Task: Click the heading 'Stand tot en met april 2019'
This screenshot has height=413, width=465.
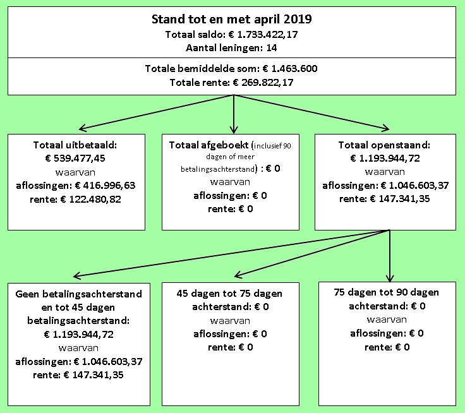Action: [232, 20]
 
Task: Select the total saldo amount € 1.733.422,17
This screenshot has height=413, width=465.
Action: [263, 35]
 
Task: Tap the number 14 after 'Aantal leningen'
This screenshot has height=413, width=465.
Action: [272, 48]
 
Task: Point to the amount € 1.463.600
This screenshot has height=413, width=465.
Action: [290, 69]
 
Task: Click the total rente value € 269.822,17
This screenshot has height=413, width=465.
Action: [263, 83]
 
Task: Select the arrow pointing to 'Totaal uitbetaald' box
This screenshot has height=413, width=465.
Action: [156, 112]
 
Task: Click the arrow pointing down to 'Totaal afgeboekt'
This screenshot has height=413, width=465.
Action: [234, 114]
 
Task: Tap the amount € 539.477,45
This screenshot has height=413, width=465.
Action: [75, 159]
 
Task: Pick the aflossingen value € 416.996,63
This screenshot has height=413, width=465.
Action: [106, 186]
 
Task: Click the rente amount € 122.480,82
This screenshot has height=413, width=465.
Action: [91, 199]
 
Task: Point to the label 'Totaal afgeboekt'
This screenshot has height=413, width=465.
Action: [208, 145]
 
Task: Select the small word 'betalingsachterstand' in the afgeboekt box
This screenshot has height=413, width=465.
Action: [218, 169]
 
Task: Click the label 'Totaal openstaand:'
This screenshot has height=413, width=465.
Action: [384, 145]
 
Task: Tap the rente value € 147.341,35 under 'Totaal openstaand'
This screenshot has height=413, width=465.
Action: [400, 199]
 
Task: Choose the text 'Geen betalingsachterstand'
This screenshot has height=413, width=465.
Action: [79, 294]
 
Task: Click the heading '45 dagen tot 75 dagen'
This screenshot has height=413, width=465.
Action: [229, 294]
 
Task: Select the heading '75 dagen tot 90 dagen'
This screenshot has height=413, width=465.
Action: [386, 292]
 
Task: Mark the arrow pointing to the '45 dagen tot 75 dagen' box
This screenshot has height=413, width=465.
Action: [312, 253]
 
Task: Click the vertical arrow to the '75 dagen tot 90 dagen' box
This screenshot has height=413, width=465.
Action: [390, 256]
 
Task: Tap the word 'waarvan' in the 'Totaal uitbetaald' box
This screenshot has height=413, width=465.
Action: [75, 172]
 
